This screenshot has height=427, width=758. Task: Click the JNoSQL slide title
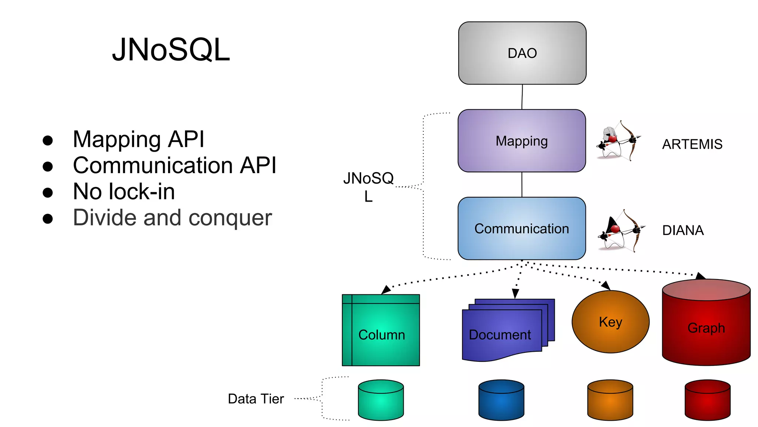point(171,50)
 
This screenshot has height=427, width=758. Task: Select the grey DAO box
point(522,53)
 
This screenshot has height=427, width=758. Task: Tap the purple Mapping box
point(521,141)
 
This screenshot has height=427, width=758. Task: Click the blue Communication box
point(521,229)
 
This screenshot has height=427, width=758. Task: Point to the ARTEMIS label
point(692,144)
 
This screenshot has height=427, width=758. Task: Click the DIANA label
point(682,231)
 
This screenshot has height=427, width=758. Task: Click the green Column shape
point(381,330)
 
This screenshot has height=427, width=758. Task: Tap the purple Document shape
point(503,332)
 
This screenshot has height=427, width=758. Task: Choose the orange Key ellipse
point(610,322)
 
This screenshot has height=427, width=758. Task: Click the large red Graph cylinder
point(706,326)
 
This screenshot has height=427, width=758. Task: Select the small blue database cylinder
point(501,400)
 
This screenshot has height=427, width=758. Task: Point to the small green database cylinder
point(381,400)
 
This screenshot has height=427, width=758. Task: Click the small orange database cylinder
point(610,400)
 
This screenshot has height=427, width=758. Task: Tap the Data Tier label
point(256,399)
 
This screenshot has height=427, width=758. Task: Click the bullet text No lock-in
point(124,192)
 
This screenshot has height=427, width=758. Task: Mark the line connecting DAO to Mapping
point(522,97)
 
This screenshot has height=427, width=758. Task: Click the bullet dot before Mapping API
point(48,140)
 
